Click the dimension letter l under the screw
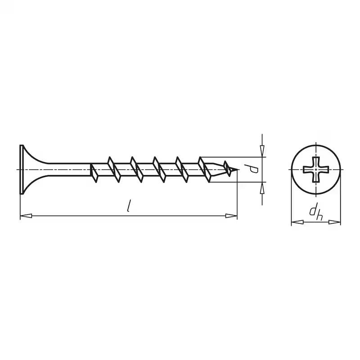130,206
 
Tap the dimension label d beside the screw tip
254,170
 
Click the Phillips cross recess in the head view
316,170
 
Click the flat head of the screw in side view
22,170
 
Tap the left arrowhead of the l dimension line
26,216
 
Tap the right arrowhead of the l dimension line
231,216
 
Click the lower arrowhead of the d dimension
262,188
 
